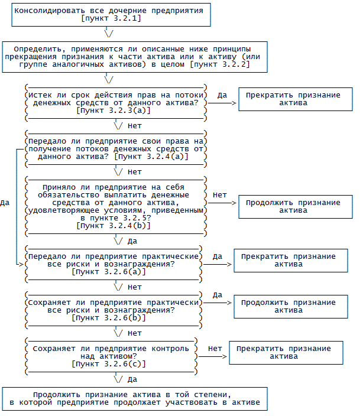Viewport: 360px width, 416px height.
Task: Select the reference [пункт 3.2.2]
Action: pyautogui.click(x=219, y=64)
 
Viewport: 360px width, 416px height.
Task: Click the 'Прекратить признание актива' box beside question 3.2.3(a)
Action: pyautogui.click(x=293, y=99)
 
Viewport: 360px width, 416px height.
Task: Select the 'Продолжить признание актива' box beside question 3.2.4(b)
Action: pyautogui.click(x=293, y=206)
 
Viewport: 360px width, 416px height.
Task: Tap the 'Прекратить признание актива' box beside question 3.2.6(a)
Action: pyautogui.click(x=288, y=261)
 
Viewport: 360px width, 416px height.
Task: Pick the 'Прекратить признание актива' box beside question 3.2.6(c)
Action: pyautogui.click(x=284, y=353)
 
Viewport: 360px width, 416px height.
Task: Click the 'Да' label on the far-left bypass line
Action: pyautogui.click(x=5, y=203)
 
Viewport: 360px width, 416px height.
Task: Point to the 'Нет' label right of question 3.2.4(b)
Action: pyautogui.click(x=219, y=194)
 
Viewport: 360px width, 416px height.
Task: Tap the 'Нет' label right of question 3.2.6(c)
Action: pyautogui.click(x=215, y=349)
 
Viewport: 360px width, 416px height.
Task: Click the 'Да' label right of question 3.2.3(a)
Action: pyautogui.click(x=222, y=95)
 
